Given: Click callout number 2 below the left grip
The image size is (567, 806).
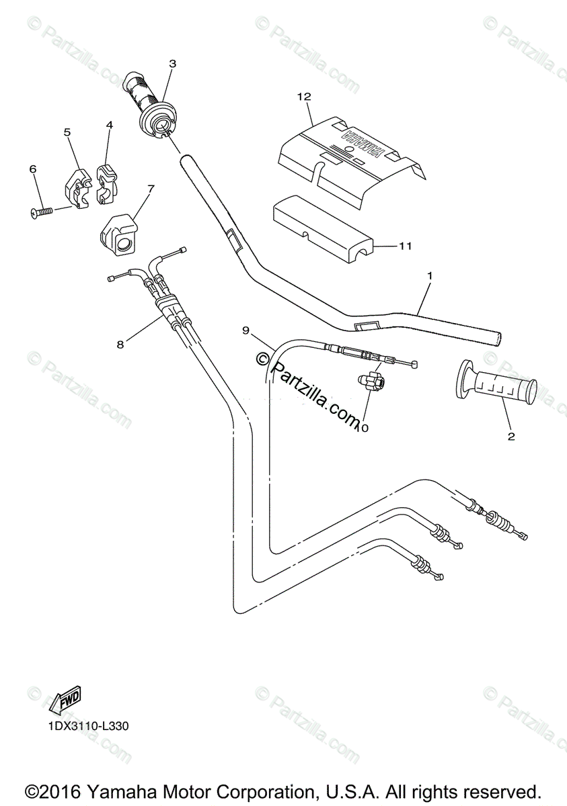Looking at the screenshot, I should [511, 437].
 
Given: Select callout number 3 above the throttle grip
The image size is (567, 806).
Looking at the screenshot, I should [172, 64].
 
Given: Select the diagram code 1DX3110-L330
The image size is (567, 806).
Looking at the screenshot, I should [87, 726].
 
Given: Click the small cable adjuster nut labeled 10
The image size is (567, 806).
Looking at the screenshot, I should [371, 382].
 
